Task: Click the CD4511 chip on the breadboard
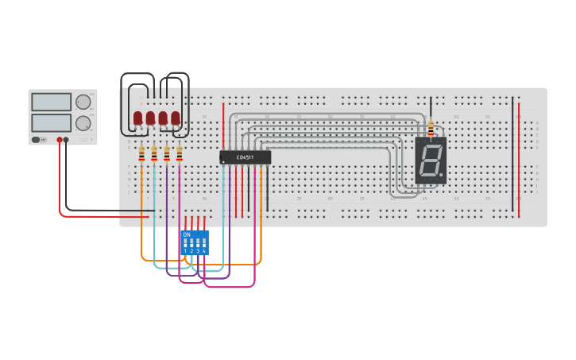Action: [x=245, y=157]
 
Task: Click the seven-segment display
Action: [x=430, y=161]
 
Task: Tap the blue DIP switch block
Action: [x=195, y=242]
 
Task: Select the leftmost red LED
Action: [x=137, y=118]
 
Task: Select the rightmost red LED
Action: [x=176, y=118]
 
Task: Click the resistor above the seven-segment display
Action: [x=431, y=127]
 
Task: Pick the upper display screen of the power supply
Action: [x=51, y=102]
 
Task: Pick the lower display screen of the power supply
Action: [x=51, y=122]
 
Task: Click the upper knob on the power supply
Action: [x=83, y=102]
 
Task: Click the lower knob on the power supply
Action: [x=83, y=122]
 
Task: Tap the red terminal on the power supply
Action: [x=59, y=140]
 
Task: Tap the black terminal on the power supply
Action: [x=66, y=140]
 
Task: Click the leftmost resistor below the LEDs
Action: [x=141, y=153]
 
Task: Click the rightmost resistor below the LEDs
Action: [x=180, y=153]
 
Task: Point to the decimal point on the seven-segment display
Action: [x=441, y=174]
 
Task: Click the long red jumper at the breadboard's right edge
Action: [x=519, y=159]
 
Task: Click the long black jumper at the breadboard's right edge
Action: [x=512, y=159]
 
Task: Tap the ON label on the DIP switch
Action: [x=187, y=234]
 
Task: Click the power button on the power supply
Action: [x=36, y=140]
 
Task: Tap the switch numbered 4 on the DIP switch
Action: [x=204, y=244]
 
